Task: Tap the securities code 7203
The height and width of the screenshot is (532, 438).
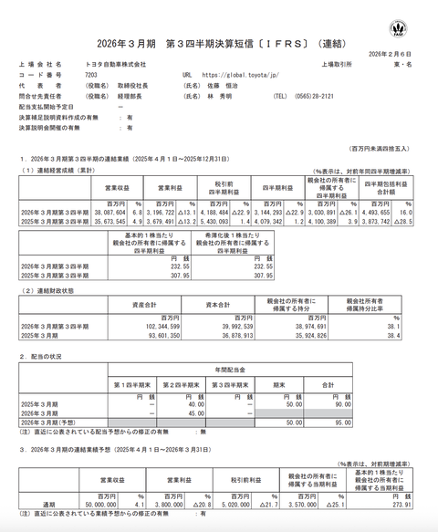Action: (x=91, y=76)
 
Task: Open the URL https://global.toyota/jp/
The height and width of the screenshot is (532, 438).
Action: (x=238, y=76)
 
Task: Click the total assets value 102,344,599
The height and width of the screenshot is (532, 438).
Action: (x=146, y=326)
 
